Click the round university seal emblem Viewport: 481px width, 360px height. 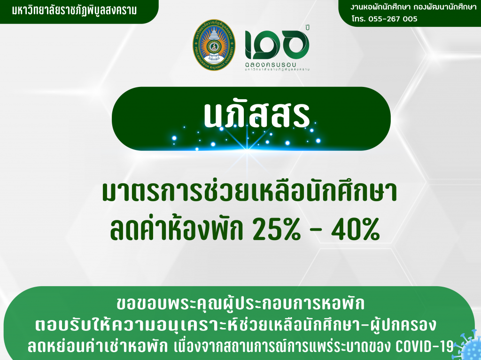click(214, 45)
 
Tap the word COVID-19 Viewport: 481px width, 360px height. click(425, 346)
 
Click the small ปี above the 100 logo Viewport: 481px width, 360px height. click(307, 27)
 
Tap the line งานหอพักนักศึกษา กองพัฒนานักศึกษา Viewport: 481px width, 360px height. click(413, 7)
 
